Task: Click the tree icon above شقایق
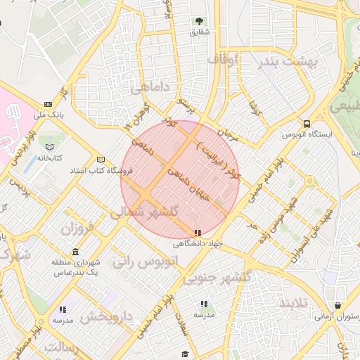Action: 199,21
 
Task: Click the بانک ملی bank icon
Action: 47,103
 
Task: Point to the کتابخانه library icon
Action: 49,147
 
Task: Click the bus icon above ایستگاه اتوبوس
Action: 306,122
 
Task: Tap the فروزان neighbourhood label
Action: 77,229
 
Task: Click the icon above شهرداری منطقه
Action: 75,252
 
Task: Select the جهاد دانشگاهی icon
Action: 198,232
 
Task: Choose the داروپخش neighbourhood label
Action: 105,317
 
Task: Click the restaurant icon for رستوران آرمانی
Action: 339,307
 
